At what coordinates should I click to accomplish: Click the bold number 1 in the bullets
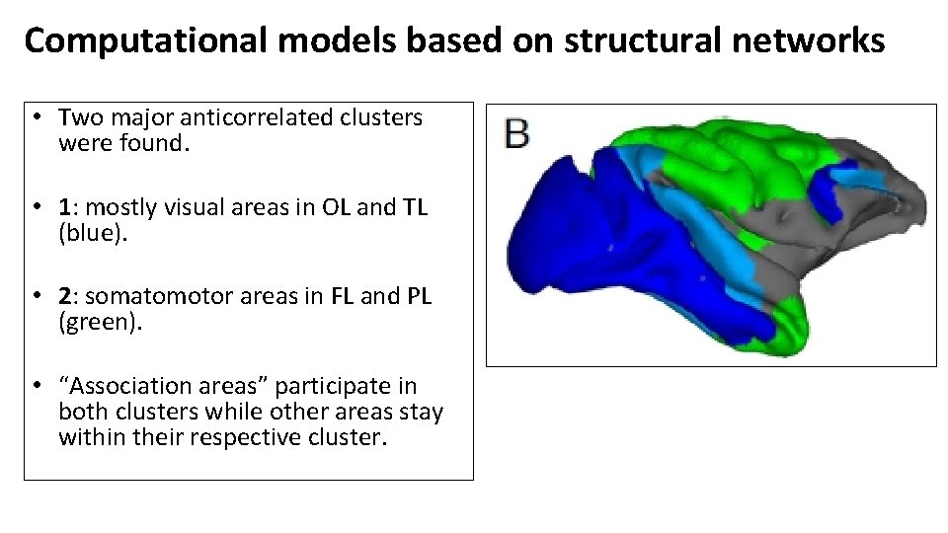point(64,207)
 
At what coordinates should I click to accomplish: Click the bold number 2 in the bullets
point(64,297)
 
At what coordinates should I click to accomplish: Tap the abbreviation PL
point(419,297)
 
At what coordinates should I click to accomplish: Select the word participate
point(358,386)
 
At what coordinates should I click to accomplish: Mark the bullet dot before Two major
point(35,117)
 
